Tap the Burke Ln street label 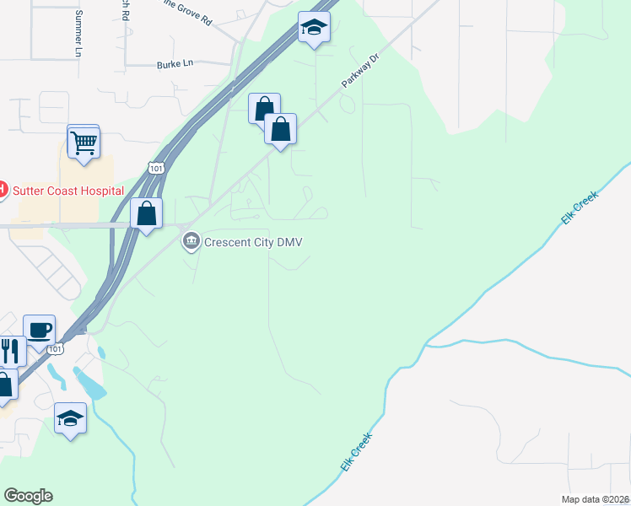[x=175, y=64]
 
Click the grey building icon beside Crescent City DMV [x=191, y=243]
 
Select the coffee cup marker [x=40, y=329]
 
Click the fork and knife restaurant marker [x=10, y=349]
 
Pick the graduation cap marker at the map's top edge [x=314, y=28]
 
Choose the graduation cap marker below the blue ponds [x=71, y=417]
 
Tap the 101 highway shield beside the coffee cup [x=56, y=348]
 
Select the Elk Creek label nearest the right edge [x=580, y=207]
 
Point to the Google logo [x=28, y=496]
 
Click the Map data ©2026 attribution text [x=596, y=499]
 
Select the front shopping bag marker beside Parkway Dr [x=281, y=130]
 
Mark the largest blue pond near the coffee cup [x=91, y=382]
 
